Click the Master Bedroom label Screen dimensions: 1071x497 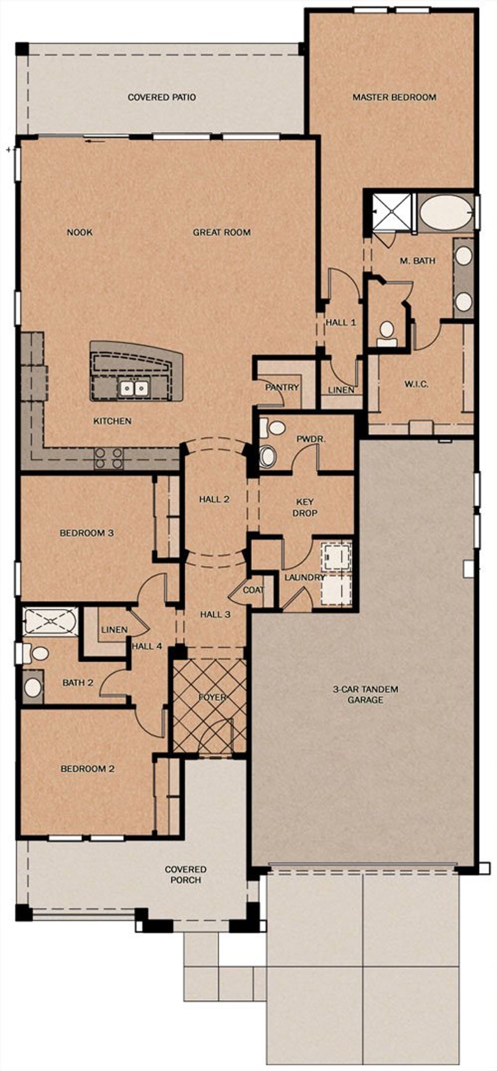pyautogui.click(x=394, y=97)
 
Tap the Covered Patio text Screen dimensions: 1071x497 pyautogui.click(x=162, y=97)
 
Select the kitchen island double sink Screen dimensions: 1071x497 pyautogui.click(x=134, y=389)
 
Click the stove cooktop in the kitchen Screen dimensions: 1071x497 pyautogui.click(x=109, y=458)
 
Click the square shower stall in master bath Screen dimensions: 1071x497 pyautogui.click(x=390, y=211)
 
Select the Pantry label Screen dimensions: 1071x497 pyautogui.click(x=282, y=387)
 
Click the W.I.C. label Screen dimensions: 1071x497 pyautogui.click(x=416, y=384)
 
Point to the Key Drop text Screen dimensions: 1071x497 pyautogui.click(x=305, y=507)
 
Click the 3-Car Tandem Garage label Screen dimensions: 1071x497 pyautogui.click(x=365, y=694)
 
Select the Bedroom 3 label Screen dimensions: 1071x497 pyautogui.click(x=87, y=532)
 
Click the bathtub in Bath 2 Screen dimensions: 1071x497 pyautogui.click(x=51, y=621)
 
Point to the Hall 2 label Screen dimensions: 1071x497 pyautogui.click(x=214, y=499)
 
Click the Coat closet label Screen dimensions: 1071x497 pyautogui.click(x=253, y=590)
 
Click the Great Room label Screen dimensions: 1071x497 pyautogui.click(x=221, y=232)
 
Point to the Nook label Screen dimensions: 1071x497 pyautogui.click(x=80, y=232)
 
